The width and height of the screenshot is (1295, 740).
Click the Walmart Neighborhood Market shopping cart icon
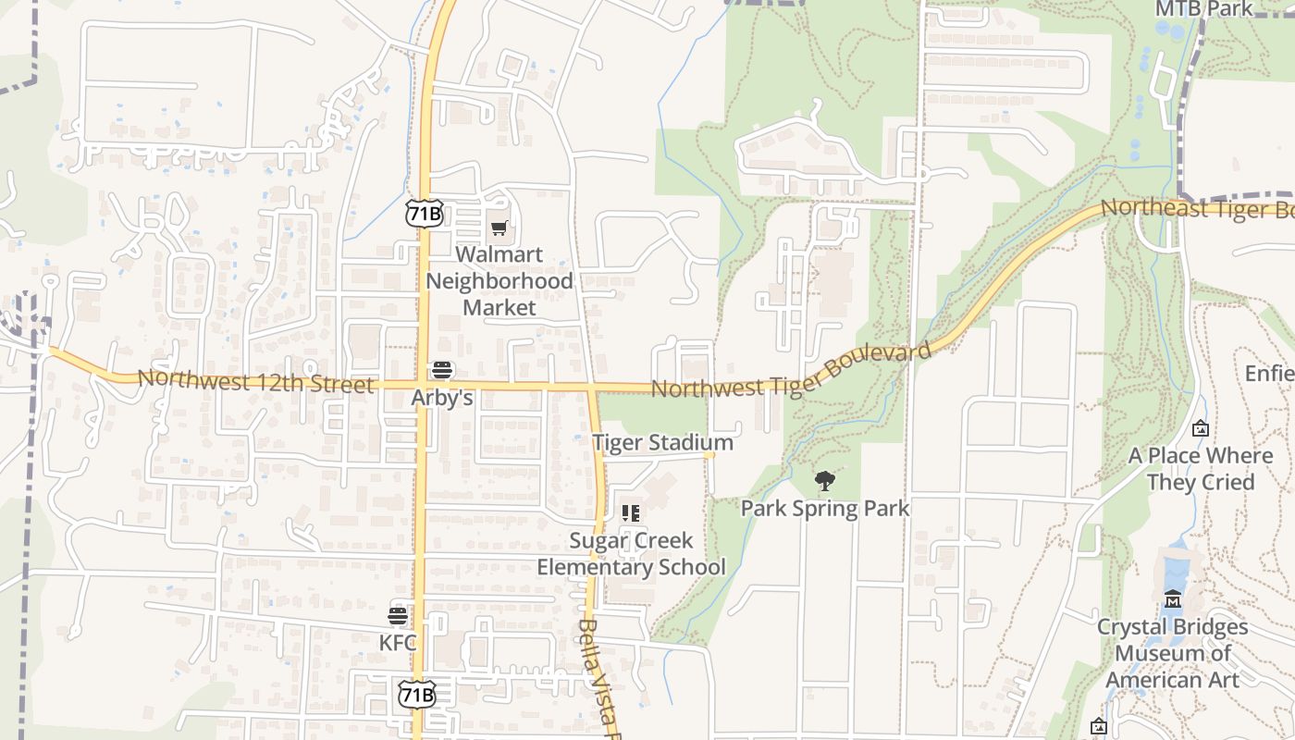(x=499, y=228)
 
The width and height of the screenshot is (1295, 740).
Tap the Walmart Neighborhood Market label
(x=499, y=280)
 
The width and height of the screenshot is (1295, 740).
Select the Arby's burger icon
(x=442, y=371)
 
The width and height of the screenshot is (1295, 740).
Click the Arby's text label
(x=442, y=399)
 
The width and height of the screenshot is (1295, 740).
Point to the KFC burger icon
(x=398, y=616)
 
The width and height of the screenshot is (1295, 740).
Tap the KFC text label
(x=398, y=642)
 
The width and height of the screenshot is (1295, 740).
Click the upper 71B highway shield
(x=424, y=214)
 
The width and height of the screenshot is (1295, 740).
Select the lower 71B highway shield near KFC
(x=416, y=694)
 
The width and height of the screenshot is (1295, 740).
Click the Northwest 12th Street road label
(x=255, y=381)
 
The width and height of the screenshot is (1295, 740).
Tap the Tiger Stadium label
(x=662, y=443)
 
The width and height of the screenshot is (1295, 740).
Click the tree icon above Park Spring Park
(x=825, y=481)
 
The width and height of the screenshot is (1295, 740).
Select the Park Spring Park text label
(x=825, y=508)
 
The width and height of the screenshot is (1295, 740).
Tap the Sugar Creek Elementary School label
(x=632, y=553)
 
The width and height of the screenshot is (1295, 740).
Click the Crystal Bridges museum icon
(x=1173, y=599)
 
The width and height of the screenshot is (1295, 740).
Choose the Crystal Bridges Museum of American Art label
(x=1172, y=653)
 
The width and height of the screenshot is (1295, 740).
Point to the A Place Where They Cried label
(x=1201, y=469)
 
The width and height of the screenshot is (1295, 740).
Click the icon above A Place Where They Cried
(x=1201, y=428)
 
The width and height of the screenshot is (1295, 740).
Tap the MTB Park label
(x=1203, y=9)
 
